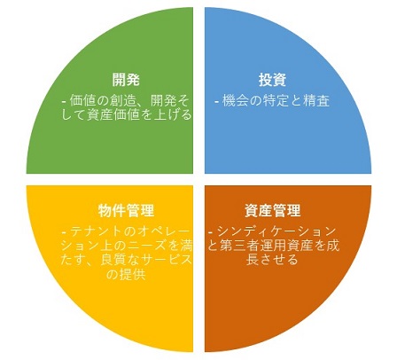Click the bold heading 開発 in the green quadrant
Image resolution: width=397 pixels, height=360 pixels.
click(126, 80)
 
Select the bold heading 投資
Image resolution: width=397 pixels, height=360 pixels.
click(272, 80)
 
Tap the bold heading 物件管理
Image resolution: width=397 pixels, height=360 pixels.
click(126, 211)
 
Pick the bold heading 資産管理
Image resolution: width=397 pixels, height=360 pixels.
click(272, 211)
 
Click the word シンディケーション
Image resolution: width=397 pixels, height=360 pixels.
click(276, 231)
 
